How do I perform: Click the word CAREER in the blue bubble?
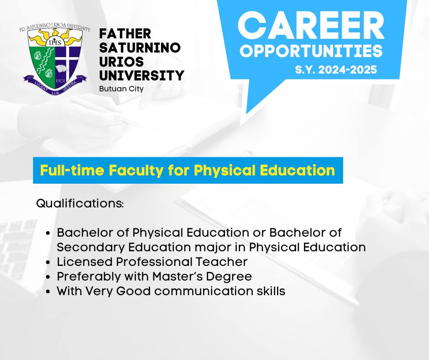tap(311, 26)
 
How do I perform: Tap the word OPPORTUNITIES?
tap(311, 51)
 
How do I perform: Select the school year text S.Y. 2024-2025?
tap(336, 69)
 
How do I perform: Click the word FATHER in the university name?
tap(125, 34)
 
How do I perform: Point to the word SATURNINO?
tap(140, 48)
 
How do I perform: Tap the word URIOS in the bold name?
tap(121, 62)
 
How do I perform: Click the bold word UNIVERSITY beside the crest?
tap(142, 76)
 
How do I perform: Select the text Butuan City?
tap(121, 89)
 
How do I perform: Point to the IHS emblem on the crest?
tap(55, 42)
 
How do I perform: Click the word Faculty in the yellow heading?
tap(136, 170)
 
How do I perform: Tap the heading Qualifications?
tap(80, 204)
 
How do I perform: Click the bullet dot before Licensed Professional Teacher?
tap(48, 263)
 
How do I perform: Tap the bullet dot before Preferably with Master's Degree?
tap(48, 277)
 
